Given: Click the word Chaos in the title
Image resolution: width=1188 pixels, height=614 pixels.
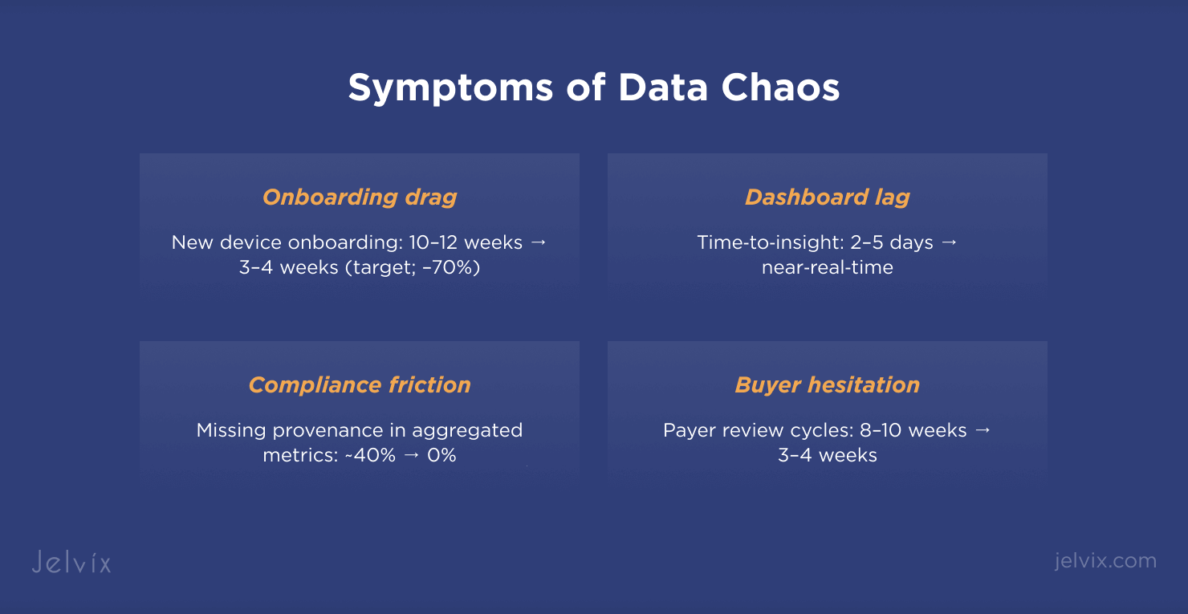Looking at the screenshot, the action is (780, 87).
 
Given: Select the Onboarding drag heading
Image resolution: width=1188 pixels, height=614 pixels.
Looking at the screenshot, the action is (360, 197).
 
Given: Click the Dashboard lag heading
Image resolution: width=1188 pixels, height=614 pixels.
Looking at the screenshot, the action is (828, 197).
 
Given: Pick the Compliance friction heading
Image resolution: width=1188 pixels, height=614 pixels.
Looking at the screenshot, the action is (360, 385).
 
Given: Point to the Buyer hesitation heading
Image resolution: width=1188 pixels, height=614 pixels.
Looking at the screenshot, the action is (828, 385).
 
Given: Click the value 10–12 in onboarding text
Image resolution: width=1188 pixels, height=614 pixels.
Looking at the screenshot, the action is (433, 242).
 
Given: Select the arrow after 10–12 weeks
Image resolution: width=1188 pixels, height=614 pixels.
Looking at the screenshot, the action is (539, 243).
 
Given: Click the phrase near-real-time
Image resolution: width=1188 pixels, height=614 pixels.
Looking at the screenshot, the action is (828, 267).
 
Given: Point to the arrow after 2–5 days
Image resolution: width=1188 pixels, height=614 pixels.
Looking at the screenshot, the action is (950, 243).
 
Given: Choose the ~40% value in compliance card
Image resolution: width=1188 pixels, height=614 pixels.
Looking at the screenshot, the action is (370, 455).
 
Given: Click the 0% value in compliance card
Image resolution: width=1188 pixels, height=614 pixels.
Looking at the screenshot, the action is (441, 455).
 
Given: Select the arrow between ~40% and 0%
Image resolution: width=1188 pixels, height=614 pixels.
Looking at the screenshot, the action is (412, 455).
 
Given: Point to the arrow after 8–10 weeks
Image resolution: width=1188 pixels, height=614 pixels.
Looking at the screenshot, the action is (983, 430).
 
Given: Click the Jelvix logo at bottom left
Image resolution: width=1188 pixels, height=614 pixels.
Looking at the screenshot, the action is (71, 562).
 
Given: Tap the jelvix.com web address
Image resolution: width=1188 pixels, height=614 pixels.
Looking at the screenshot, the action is (1106, 561).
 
